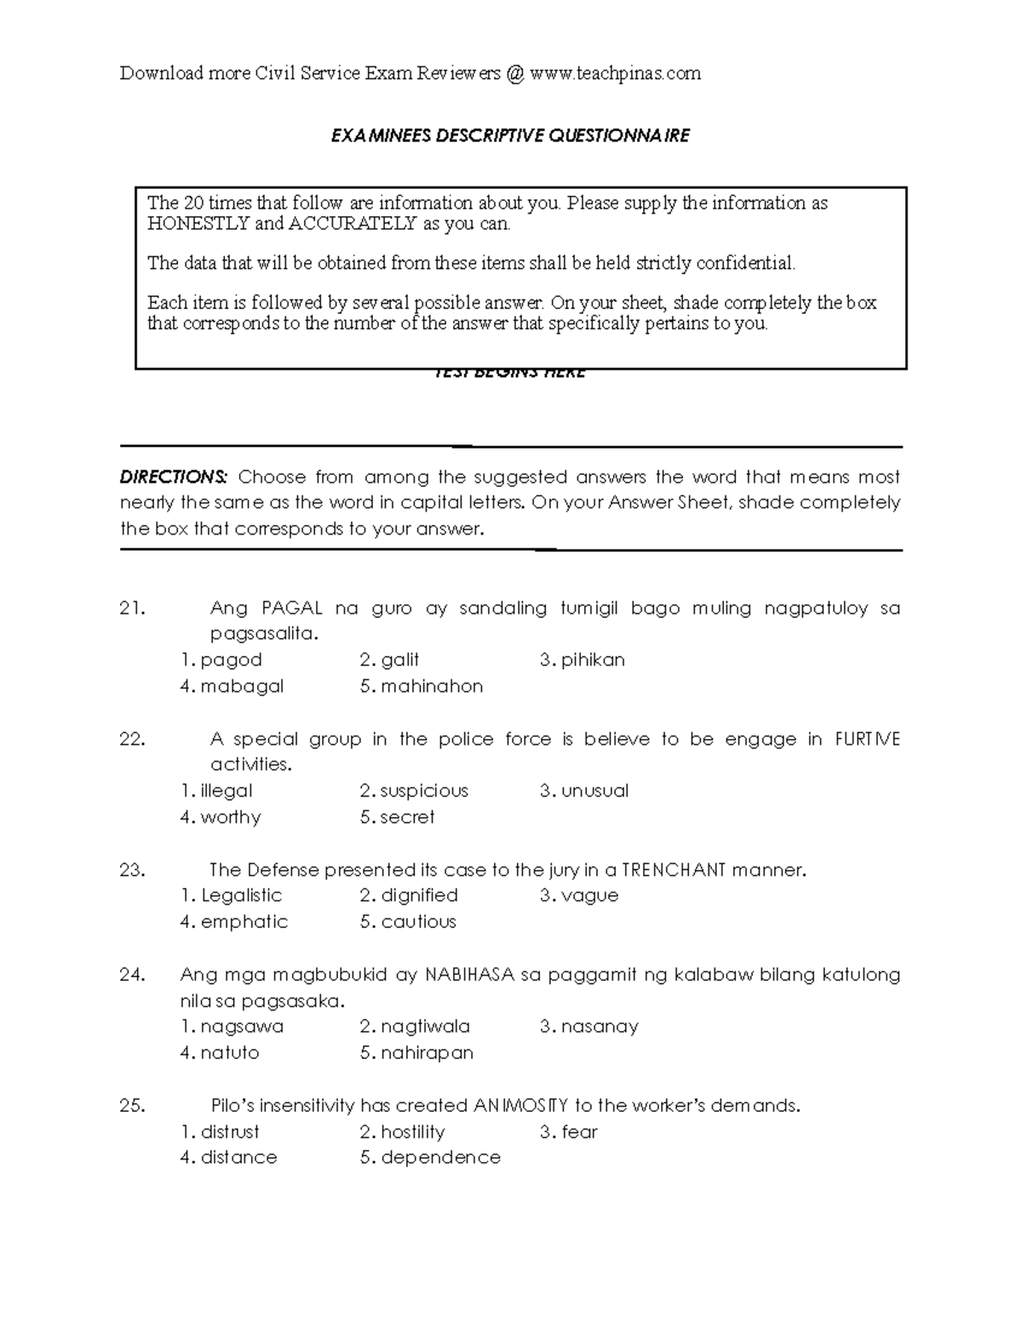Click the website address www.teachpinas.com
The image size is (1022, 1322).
pos(615,74)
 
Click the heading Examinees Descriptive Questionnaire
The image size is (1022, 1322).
pos(510,136)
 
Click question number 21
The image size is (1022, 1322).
pos(133,609)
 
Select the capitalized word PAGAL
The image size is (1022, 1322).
pos(292,609)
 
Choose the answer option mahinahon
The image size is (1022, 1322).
pos(432,687)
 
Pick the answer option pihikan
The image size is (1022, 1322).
pos(593,661)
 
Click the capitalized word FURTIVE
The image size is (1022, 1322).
pos(867,740)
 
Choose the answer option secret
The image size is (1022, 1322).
pos(407,818)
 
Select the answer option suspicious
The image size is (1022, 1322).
pos(424,792)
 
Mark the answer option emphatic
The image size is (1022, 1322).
pos(244,923)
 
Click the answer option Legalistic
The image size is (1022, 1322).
pos(241,896)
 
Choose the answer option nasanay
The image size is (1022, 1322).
pos(600,1027)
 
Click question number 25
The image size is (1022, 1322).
pos(133,1107)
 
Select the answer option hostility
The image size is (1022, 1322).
pos(412,1133)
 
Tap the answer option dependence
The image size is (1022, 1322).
pos(440,1159)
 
